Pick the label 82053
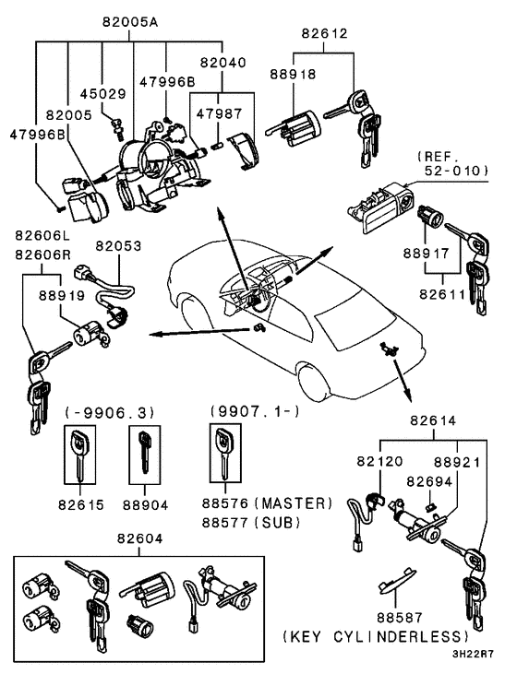pos(117,247)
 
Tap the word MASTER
pos(295,503)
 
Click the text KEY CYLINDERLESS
pos(388,637)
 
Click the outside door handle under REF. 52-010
pos(379,200)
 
